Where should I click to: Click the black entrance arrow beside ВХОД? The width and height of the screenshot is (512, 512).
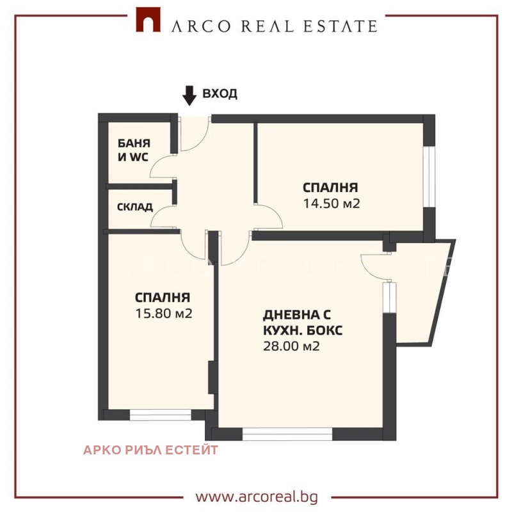click(x=189, y=95)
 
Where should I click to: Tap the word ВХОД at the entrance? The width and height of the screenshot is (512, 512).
click(x=220, y=94)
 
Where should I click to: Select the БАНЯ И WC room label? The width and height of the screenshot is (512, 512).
click(x=132, y=148)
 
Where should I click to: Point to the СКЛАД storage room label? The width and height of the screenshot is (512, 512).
click(x=134, y=207)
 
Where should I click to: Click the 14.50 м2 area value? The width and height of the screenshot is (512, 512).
click(x=330, y=204)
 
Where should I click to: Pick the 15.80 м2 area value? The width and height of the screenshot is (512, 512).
click(x=164, y=314)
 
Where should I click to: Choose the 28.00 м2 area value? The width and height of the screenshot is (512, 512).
click(x=291, y=346)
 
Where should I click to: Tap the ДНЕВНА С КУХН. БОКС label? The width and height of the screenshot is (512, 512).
click(x=302, y=323)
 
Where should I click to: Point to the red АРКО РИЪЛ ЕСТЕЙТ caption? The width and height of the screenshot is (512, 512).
click(x=150, y=450)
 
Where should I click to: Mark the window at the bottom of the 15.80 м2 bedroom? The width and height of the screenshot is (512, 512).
click(x=161, y=415)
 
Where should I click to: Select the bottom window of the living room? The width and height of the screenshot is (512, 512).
click(x=287, y=435)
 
